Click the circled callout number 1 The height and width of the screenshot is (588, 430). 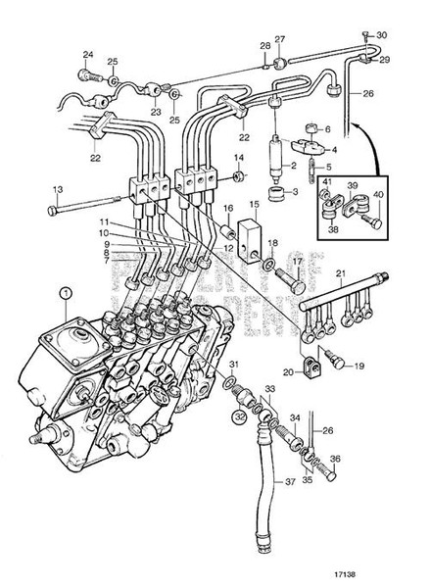[x=64, y=291]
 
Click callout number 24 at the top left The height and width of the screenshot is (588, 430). [x=86, y=54]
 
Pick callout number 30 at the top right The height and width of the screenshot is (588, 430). [x=382, y=36]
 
